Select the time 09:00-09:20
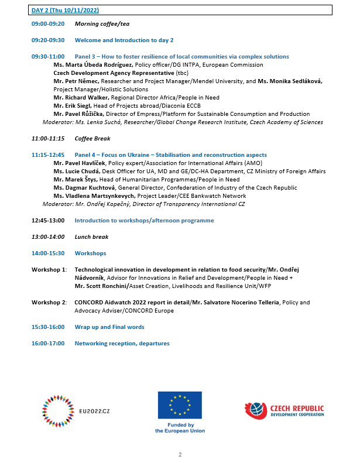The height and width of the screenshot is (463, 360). click(48, 25)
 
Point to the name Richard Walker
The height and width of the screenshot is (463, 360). click(81, 97)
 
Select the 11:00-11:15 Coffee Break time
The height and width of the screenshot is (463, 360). click(48, 139)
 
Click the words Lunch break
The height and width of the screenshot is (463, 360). click(91, 237)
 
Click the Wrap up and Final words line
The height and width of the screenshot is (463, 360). click(109, 327)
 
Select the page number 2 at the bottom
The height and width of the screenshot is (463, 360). click(180, 454)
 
